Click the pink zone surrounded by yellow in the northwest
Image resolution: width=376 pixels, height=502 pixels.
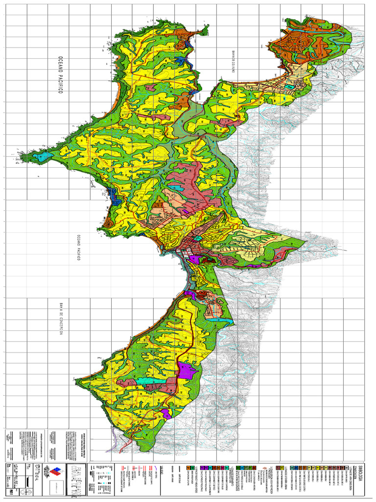tap(150, 87)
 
